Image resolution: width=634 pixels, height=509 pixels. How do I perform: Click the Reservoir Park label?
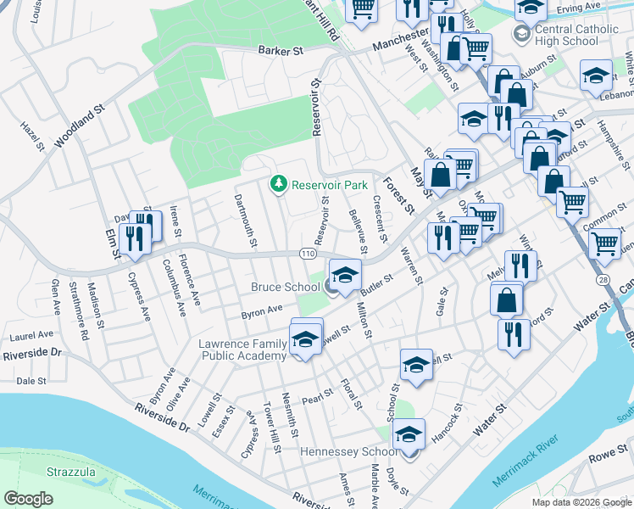(330, 184)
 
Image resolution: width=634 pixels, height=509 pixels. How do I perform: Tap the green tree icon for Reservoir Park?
(277, 183)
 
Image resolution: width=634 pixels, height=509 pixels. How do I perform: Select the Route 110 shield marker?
(309, 254)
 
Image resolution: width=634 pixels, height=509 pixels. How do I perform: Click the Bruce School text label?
(285, 288)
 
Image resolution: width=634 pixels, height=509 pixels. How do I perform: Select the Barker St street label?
(281, 51)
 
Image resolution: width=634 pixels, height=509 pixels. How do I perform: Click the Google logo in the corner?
(28, 498)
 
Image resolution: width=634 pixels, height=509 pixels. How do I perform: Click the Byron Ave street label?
(262, 311)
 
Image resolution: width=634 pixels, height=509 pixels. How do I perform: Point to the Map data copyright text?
(581, 502)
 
